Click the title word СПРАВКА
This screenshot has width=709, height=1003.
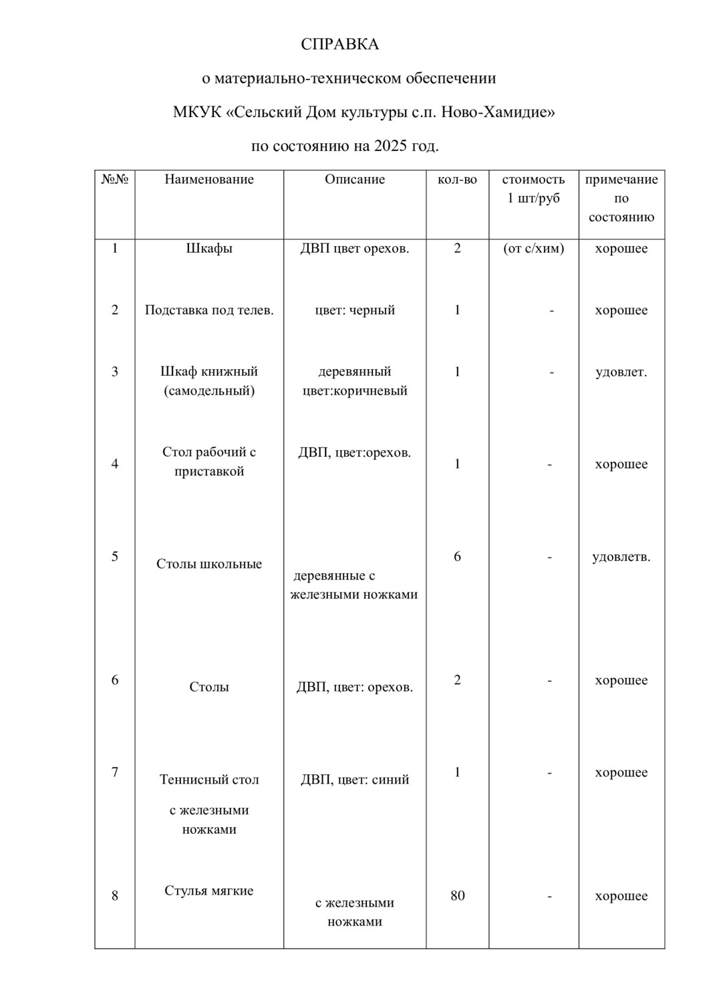[x=339, y=45]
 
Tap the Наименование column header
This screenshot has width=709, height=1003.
[x=209, y=179]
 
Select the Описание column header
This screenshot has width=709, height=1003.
[x=355, y=179]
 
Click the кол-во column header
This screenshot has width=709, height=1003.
[x=457, y=179]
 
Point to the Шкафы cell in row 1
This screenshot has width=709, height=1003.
[x=209, y=249]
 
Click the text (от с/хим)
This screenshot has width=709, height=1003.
[x=533, y=249]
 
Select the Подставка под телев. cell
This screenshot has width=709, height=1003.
[x=209, y=310]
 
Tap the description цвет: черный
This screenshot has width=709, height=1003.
[x=355, y=310]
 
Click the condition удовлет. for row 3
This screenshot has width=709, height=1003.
[x=621, y=372]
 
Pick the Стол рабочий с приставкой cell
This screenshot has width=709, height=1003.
[x=209, y=461]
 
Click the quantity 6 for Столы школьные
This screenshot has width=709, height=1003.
[x=457, y=556]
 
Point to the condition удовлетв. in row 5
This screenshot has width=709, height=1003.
[x=621, y=556]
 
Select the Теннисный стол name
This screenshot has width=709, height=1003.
[x=209, y=780]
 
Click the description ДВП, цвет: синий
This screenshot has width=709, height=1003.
[x=355, y=780]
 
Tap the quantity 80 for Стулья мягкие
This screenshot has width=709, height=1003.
[x=457, y=896]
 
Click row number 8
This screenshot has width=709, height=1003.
[x=115, y=896]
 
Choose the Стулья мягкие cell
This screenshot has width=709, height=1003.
[x=209, y=891]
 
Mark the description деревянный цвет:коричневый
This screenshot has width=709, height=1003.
[x=355, y=381]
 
